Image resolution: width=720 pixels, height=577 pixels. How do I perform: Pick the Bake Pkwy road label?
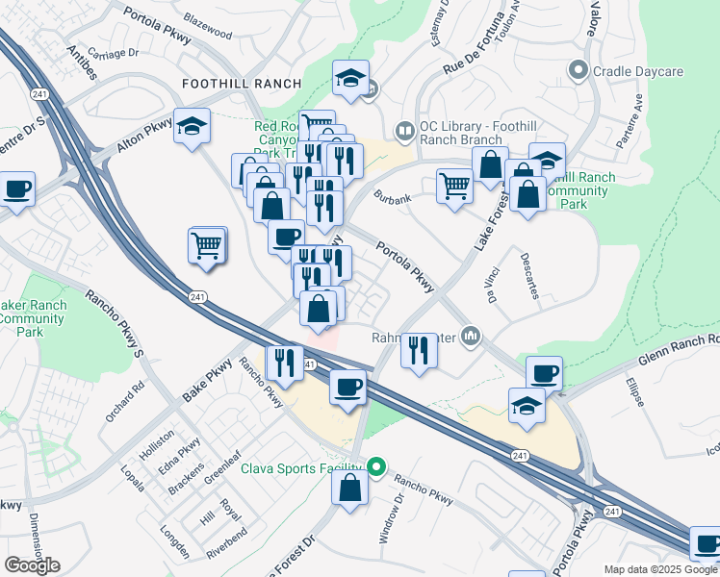[x=207, y=382]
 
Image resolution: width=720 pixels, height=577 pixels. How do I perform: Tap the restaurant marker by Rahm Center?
[x=418, y=348]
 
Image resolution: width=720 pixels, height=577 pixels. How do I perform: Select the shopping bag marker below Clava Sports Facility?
[x=350, y=486]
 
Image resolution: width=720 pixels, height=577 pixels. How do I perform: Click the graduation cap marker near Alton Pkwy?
[x=192, y=125]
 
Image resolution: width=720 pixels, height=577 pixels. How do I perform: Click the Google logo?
[x=32, y=565]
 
